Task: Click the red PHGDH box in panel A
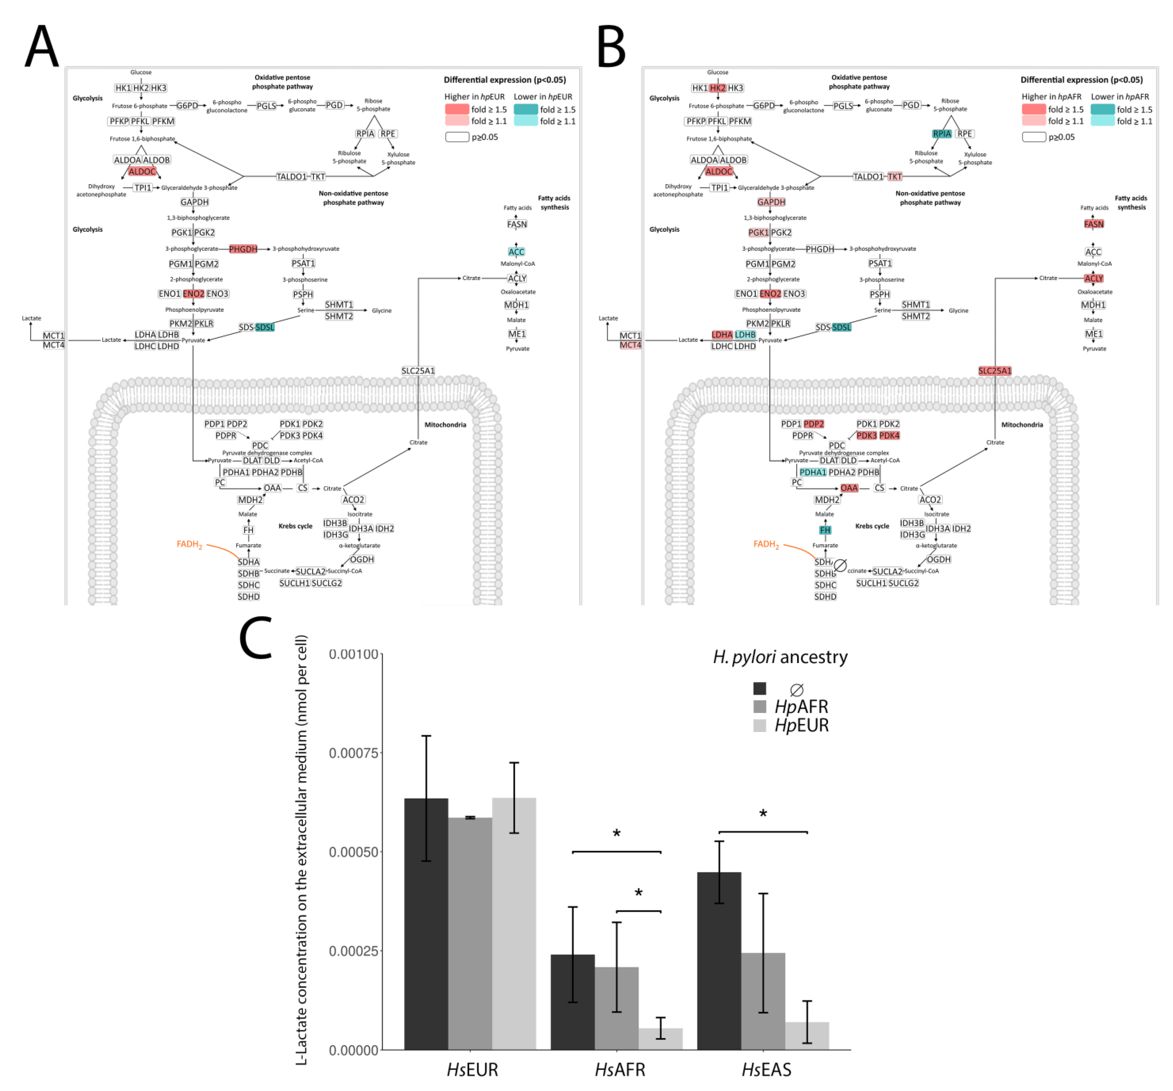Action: [243, 249]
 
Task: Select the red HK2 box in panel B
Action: [717, 88]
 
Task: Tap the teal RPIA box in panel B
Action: [942, 134]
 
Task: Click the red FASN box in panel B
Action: [1093, 224]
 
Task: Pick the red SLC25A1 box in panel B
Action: [995, 371]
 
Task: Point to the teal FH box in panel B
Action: [825, 530]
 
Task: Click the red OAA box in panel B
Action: [849, 488]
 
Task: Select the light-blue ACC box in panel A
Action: [516, 252]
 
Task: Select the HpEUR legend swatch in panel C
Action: [759, 725]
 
